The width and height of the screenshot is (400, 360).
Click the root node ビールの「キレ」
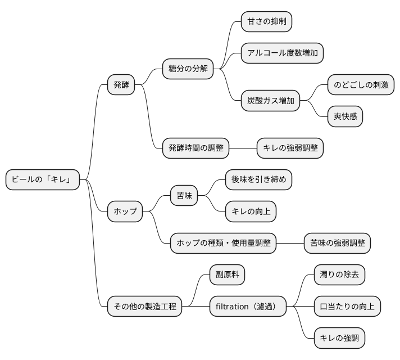pos(43,180)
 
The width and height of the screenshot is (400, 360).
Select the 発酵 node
pos(121,85)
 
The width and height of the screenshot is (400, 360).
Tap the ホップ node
pos(125,211)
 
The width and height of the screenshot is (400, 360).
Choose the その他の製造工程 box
pos(145,307)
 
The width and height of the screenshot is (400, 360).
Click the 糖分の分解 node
pos(188,69)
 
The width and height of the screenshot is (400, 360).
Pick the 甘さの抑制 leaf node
pos(267,22)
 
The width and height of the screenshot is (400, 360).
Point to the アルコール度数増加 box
pos(283,53)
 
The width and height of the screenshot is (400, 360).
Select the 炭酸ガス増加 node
pos(271,101)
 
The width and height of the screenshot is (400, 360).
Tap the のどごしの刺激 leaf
pos(361,85)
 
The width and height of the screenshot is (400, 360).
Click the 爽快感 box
pos(346,116)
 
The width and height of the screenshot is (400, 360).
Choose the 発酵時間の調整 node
pos(196,148)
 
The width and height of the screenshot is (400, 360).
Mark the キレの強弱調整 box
pos(290,148)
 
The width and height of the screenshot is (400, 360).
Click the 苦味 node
pos(184,196)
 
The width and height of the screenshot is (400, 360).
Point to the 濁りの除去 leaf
pos(339,275)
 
